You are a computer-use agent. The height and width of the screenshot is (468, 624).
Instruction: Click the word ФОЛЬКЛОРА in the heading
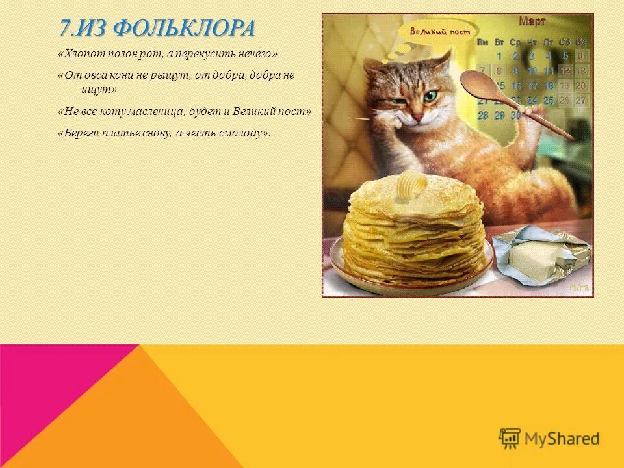[x=183, y=29]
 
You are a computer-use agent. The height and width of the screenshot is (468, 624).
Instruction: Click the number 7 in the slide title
[x=64, y=29]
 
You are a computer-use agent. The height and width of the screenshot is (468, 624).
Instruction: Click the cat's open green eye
[x=431, y=96]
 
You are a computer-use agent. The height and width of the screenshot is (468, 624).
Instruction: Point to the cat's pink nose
[x=419, y=115]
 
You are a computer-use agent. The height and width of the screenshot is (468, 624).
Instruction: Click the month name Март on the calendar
[x=532, y=22]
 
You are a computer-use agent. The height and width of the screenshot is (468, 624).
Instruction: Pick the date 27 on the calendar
[x=580, y=101]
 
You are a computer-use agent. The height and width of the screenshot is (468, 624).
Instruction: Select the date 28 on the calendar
[x=483, y=116]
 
